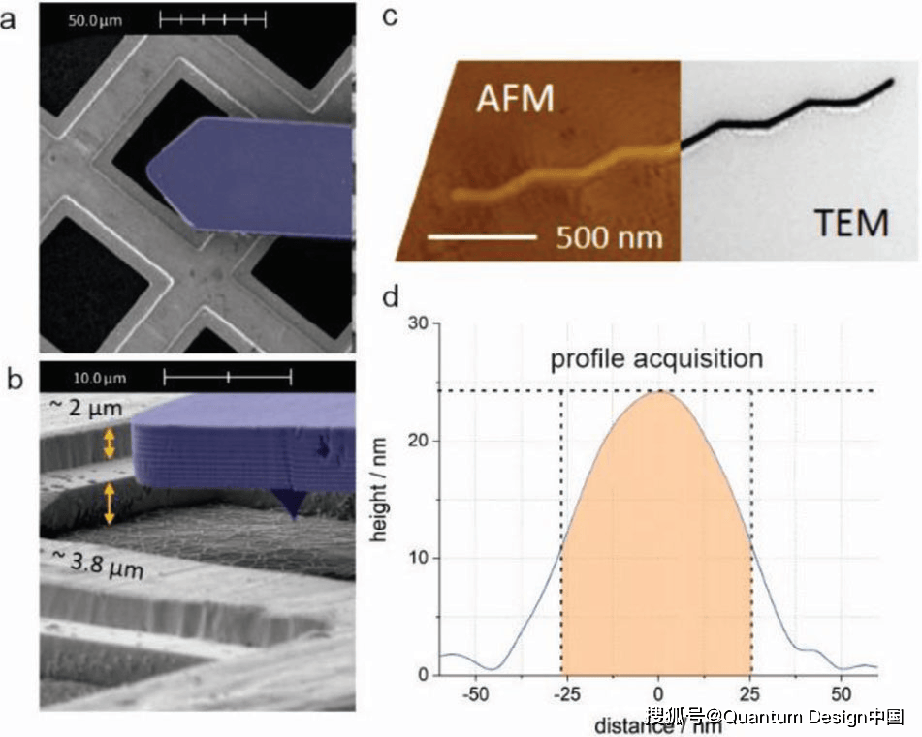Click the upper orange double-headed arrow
click(x=109, y=444)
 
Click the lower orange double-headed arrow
click(x=109, y=504)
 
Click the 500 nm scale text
click(x=608, y=235)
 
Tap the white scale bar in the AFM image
click(x=482, y=235)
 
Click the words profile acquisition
click(x=656, y=358)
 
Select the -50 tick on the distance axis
click(x=474, y=695)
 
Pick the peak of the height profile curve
click(x=658, y=391)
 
